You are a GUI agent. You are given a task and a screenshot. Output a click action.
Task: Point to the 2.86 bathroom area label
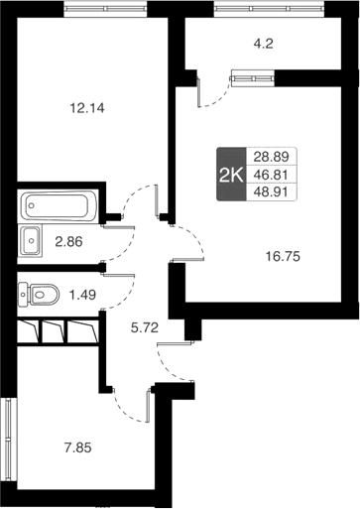tap(69, 239)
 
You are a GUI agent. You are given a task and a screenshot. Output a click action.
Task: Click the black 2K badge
tap(230, 175)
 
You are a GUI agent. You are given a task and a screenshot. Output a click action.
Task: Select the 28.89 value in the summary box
tap(271, 157)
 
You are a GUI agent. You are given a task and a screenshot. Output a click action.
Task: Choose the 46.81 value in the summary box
tap(271, 175)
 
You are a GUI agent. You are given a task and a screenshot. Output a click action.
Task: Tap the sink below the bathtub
tap(33, 239)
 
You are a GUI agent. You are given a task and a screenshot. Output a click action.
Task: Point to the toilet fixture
tap(37, 293)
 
